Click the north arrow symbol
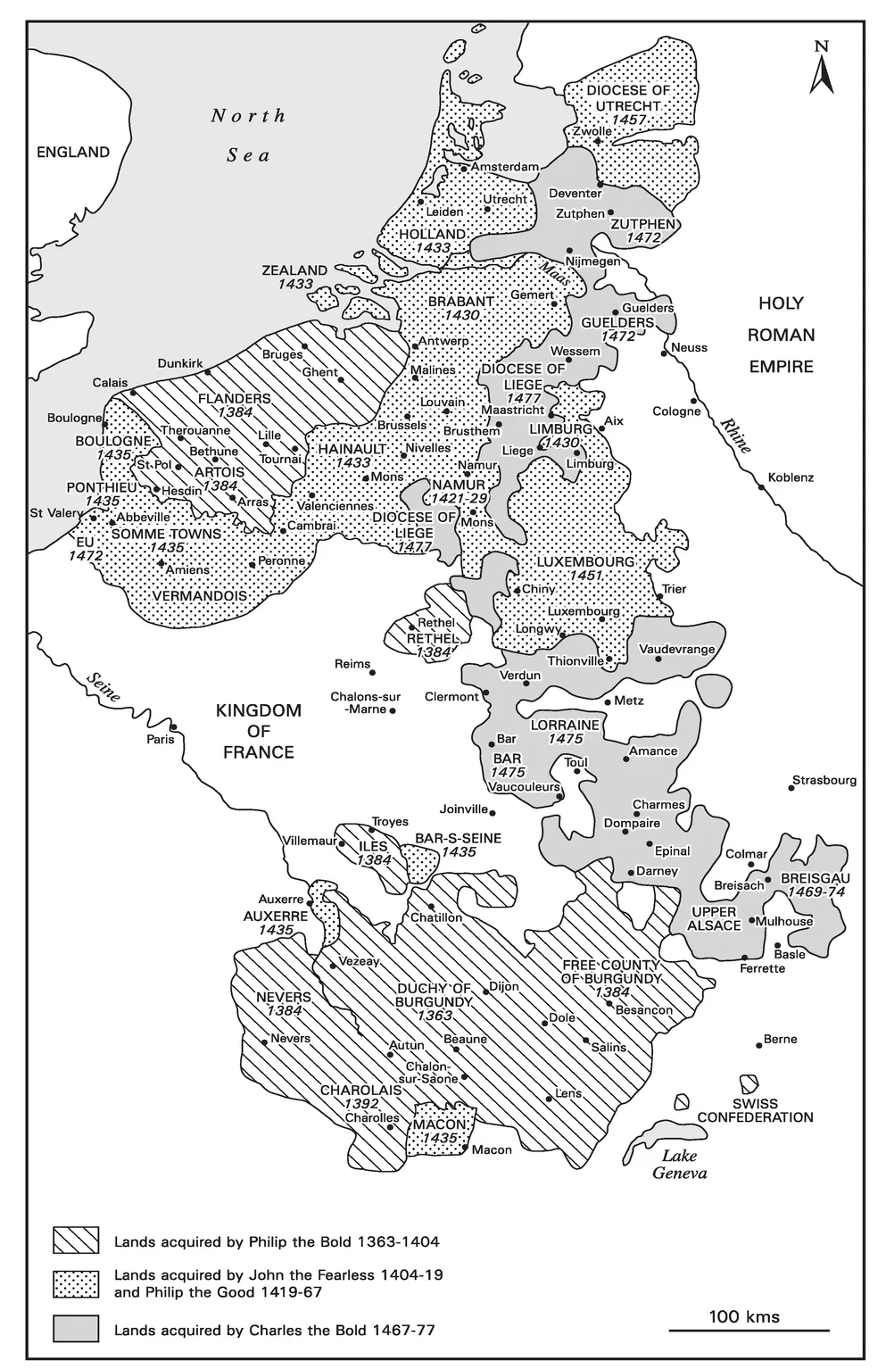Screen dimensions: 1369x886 coord(821,70)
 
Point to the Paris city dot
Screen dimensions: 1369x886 coord(173,726)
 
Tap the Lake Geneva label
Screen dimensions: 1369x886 coord(679,1164)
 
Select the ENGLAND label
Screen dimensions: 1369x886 coord(73,152)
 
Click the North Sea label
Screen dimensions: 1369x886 coord(248,135)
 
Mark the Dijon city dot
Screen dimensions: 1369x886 coord(483,989)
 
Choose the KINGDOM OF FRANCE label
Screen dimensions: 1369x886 coord(258,731)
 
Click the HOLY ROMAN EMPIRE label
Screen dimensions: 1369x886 coord(781,335)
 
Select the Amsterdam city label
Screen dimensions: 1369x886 coord(505,167)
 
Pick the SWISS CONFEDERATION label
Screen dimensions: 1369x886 coord(755,1110)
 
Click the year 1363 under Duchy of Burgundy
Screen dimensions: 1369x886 coord(435,1016)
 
